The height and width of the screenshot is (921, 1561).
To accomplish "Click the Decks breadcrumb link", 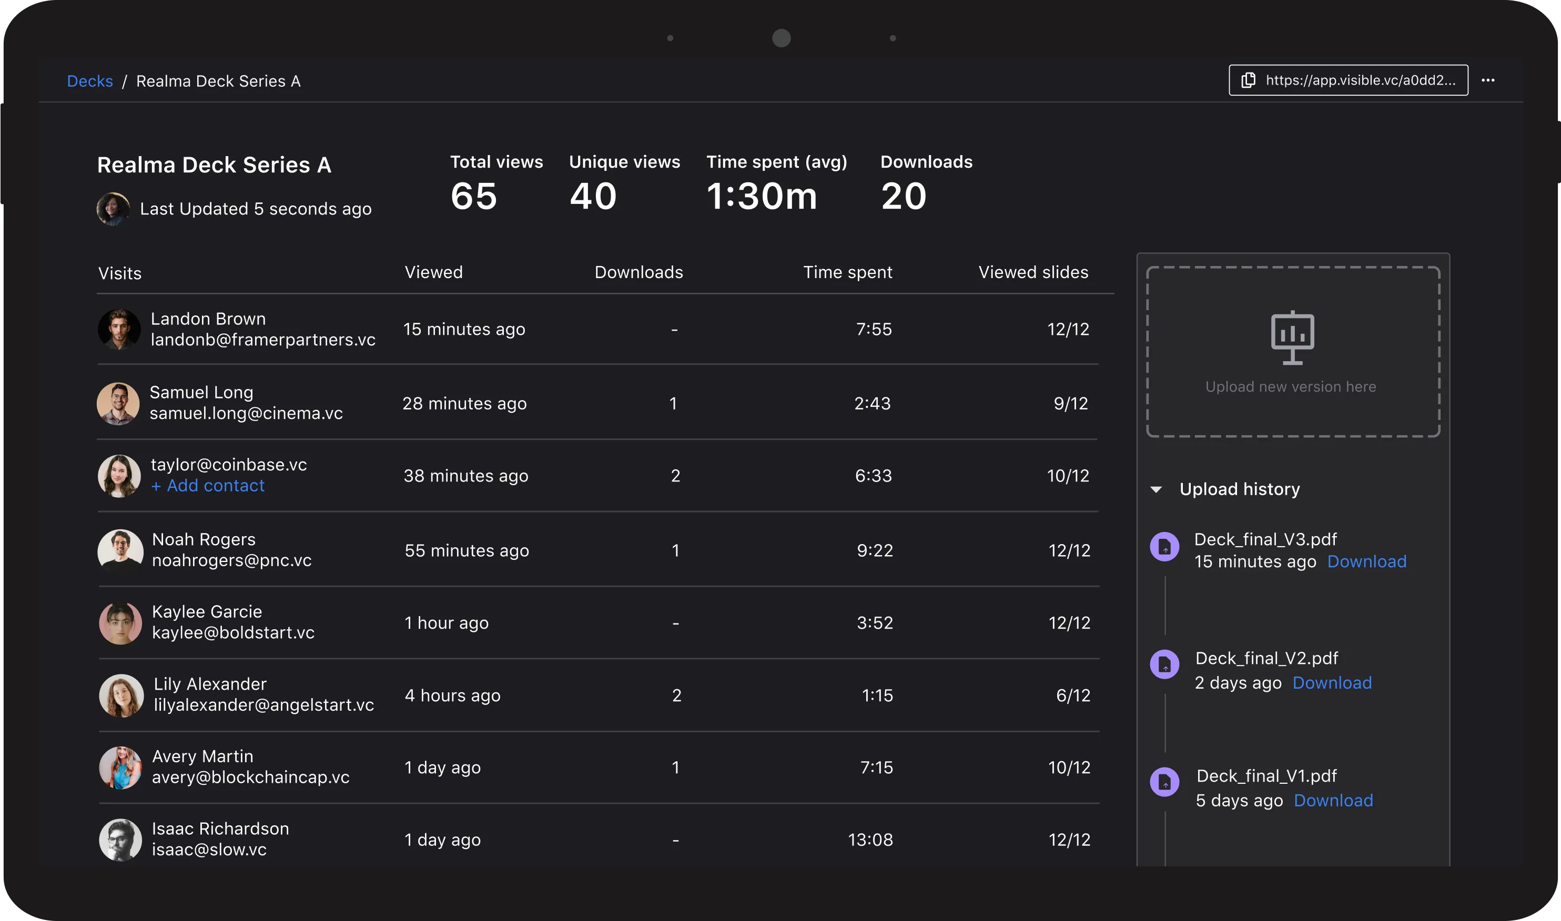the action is [x=90, y=81].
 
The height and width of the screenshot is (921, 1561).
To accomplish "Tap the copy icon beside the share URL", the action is [x=1248, y=80].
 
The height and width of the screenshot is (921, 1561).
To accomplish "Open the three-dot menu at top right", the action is [x=1488, y=80].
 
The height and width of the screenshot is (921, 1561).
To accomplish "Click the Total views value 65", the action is [x=474, y=196].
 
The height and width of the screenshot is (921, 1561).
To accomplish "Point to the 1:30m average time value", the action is [x=762, y=196].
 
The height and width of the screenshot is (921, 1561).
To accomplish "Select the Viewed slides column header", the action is [x=1033, y=272].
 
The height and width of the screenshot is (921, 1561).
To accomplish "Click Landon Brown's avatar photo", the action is [x=119, y=330].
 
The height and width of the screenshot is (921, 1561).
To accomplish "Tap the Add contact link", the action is [x=208, y=486].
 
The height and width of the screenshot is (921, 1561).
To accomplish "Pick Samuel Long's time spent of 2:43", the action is [x=873, y=403].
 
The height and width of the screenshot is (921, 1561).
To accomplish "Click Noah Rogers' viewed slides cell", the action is [x=1069, y=550].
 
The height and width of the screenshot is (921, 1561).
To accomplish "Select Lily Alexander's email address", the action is [x=264, y=705].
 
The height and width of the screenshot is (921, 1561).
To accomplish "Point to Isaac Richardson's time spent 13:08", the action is [x=870, y=840].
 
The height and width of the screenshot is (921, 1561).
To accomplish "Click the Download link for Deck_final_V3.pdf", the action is [x=1366, y=561].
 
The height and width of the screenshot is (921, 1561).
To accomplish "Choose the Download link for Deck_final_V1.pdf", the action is [x=1333, y=801].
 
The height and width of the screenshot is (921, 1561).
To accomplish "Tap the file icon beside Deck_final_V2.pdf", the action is [x=1165, y=664].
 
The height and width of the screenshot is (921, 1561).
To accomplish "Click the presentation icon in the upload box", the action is [x=1293, y=337].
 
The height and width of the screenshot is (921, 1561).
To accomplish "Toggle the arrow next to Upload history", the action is [x=1156, y=489].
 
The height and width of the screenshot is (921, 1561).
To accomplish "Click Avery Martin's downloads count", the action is [x=675, y=768].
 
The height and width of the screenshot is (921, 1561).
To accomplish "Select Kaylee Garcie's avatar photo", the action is [x=120, y=623].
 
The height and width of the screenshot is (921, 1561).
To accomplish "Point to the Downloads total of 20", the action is [x=904, y=196].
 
